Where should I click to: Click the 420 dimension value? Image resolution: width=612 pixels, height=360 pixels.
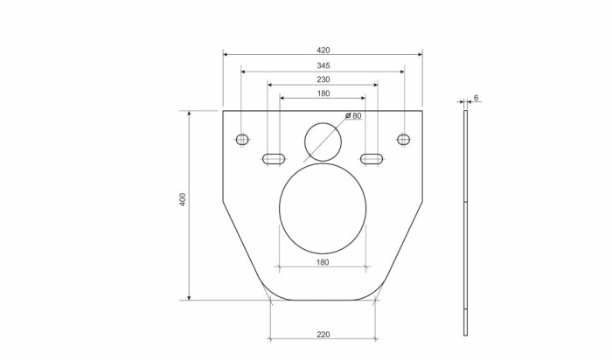(323, 49)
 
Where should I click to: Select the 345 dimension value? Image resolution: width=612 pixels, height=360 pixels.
(323, 66)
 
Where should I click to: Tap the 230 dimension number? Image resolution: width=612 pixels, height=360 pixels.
(323, 80)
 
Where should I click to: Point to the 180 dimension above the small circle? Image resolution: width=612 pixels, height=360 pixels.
(323, 93)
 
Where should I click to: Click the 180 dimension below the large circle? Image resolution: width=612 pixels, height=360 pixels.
(322, 261)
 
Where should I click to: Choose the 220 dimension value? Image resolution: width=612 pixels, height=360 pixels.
(323, 333)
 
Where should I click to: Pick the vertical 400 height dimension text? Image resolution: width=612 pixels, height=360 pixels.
(182, 201)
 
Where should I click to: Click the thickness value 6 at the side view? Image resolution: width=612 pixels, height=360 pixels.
(476, 97)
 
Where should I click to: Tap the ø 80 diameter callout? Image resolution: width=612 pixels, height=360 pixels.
(353, 115)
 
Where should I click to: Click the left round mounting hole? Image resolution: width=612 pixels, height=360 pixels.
(242, 139)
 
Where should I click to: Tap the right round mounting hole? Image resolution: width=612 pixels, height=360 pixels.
(403, 139)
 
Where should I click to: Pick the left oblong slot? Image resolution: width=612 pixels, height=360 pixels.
(274, 158)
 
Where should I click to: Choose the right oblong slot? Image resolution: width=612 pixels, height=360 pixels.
(371, 158)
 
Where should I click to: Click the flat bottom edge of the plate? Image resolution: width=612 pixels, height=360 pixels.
(323, 300)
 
